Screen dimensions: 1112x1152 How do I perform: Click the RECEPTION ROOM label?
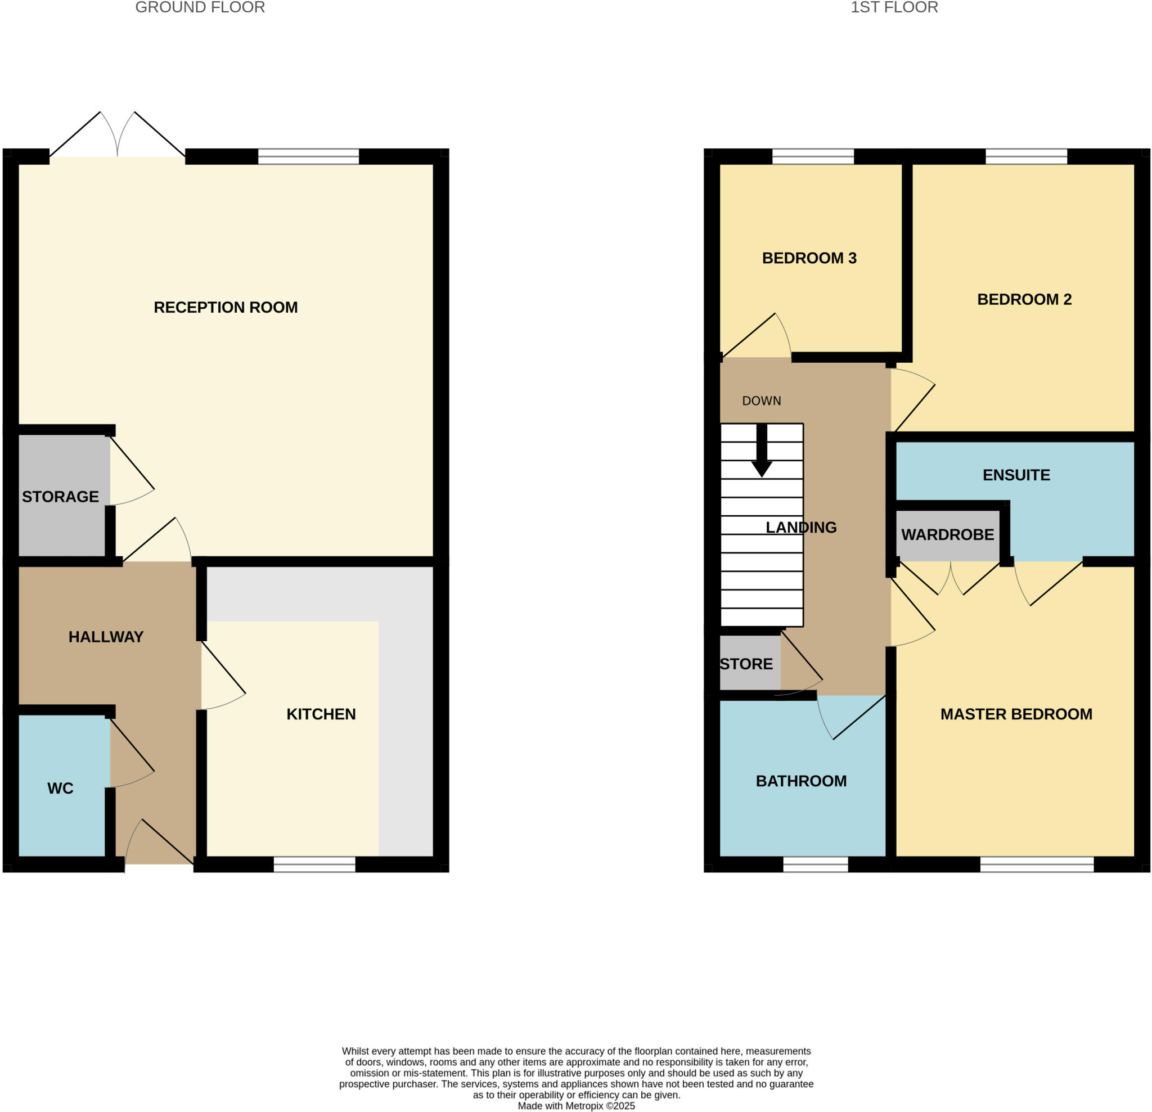(x=226, y=307)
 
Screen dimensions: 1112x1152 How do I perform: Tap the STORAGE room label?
(x=60, y=497)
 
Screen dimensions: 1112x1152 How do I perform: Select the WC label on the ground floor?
(x=60, y=788)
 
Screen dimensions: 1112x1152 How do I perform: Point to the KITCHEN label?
(x=321, y=714)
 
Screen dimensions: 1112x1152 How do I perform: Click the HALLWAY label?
(x=106, y=637)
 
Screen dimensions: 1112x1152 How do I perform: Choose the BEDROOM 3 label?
(x=809, y=258)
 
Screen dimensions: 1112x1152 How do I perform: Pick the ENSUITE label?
(x=1016, y=475)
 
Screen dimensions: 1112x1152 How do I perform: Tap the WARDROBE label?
(x=947, y=534)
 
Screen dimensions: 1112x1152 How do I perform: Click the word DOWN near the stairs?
(x=761, y=401)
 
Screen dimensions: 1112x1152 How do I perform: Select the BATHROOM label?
(x=801, y=781)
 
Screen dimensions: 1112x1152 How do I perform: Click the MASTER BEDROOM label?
(x=1016, y=714)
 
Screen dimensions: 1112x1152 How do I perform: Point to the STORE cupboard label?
(x=746, y=664)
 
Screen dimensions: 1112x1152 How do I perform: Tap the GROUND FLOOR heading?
(x=200, y=8)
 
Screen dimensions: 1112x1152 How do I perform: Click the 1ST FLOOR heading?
(x=894, y=8)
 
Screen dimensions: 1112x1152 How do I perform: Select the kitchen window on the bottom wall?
(x=314, y=865)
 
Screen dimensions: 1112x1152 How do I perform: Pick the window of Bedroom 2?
(x=1026, y=156)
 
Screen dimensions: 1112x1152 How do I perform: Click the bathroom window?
(x=815, y=865)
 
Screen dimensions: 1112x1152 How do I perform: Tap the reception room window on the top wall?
(x=309, y=156)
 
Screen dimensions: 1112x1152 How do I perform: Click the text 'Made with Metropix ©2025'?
(x=576, y=1106)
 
